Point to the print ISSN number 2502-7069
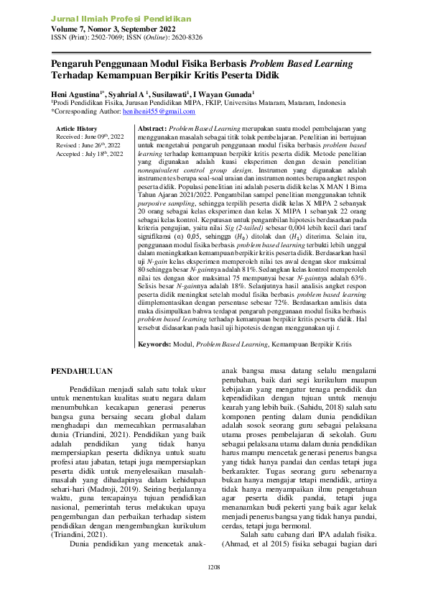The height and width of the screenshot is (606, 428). (x=107, y=37)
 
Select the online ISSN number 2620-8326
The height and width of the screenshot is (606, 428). (x=185, y=37)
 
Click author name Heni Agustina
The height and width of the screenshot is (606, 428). (x=77, y=93)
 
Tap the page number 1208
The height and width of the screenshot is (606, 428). (x=214, y=587)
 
